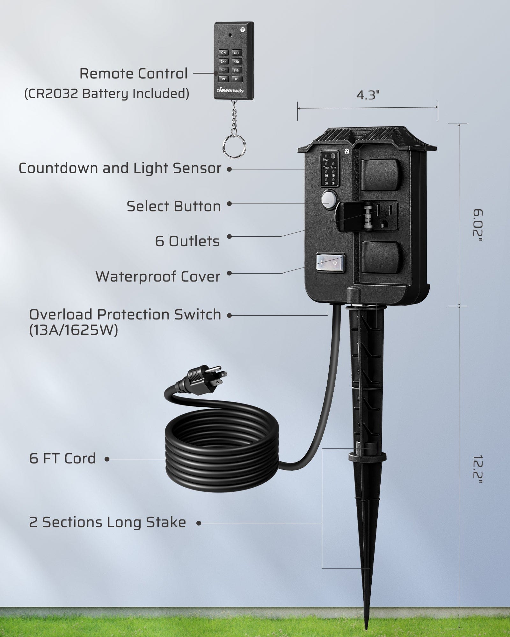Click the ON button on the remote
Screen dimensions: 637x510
coord(223,53)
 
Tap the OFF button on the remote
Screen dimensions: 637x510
coord(237,53)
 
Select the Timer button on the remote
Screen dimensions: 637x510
coord(223,79)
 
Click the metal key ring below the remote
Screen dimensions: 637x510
coord(234,147)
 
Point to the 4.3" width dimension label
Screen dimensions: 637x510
coord(368,95)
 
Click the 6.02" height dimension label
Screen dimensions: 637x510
coord(477,225)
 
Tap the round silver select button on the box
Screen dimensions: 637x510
coord(329,199)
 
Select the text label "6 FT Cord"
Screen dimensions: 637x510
coord(62,459)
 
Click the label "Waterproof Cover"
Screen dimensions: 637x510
coord(158,276)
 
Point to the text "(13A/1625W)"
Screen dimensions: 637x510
coord(74,330)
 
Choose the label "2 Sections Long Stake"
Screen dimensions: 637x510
coord(107,522)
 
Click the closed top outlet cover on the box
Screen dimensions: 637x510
coord(381,174)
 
